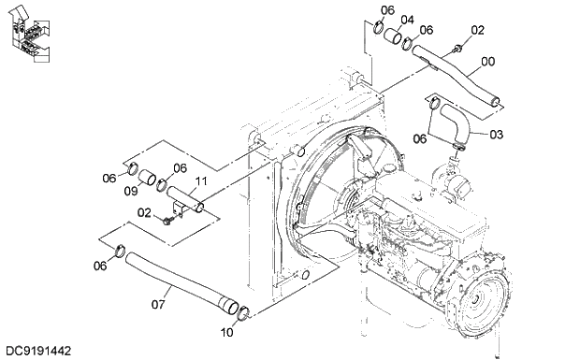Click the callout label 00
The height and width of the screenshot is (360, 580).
(487, 64)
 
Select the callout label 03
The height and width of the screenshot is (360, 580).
(496, 135)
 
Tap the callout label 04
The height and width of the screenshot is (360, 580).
(407, 20)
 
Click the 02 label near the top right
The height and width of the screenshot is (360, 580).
(477, 31)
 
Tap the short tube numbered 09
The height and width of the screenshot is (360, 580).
(151, 178)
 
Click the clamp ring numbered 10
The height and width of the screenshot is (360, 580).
(241, 313)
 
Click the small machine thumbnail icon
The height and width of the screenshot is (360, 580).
(24, 33)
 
